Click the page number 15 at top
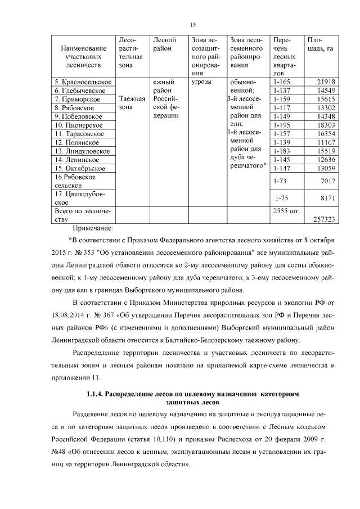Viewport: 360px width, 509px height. click(x=192, y=24)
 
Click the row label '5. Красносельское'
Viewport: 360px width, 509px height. click(x=82, y=82)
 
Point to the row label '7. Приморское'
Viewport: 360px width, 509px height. click(x=78, y=99)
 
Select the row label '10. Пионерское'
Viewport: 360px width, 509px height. click(x=78, y=125)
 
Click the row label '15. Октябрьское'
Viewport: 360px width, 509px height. click(x=80, y=168)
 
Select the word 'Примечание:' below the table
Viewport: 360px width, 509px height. click(x=93, y=228)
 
